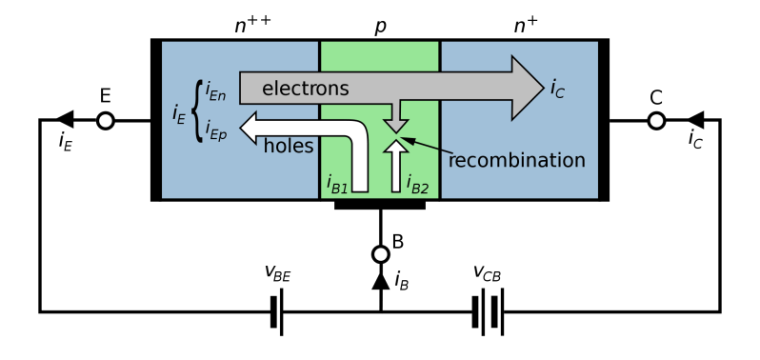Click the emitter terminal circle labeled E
tap(105, 121)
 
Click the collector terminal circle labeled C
tap(656, 121)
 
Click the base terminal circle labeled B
tap(380, 254)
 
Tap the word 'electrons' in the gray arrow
tap(305, 89)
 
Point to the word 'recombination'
tap(516, 160)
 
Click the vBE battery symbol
tap(277, 311)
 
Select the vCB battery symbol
tap(487, 311)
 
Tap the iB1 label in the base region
tap(337, 184)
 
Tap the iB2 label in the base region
tap(417, 184)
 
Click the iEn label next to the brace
tap(215, 93)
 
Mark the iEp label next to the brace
tap(215, 131)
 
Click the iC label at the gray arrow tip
tap(557, 89)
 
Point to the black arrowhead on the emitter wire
tap(65, 121)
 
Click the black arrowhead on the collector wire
tap(695, 121)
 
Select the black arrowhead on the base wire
tap(380, 280)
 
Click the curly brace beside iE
tap(197, 111)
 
